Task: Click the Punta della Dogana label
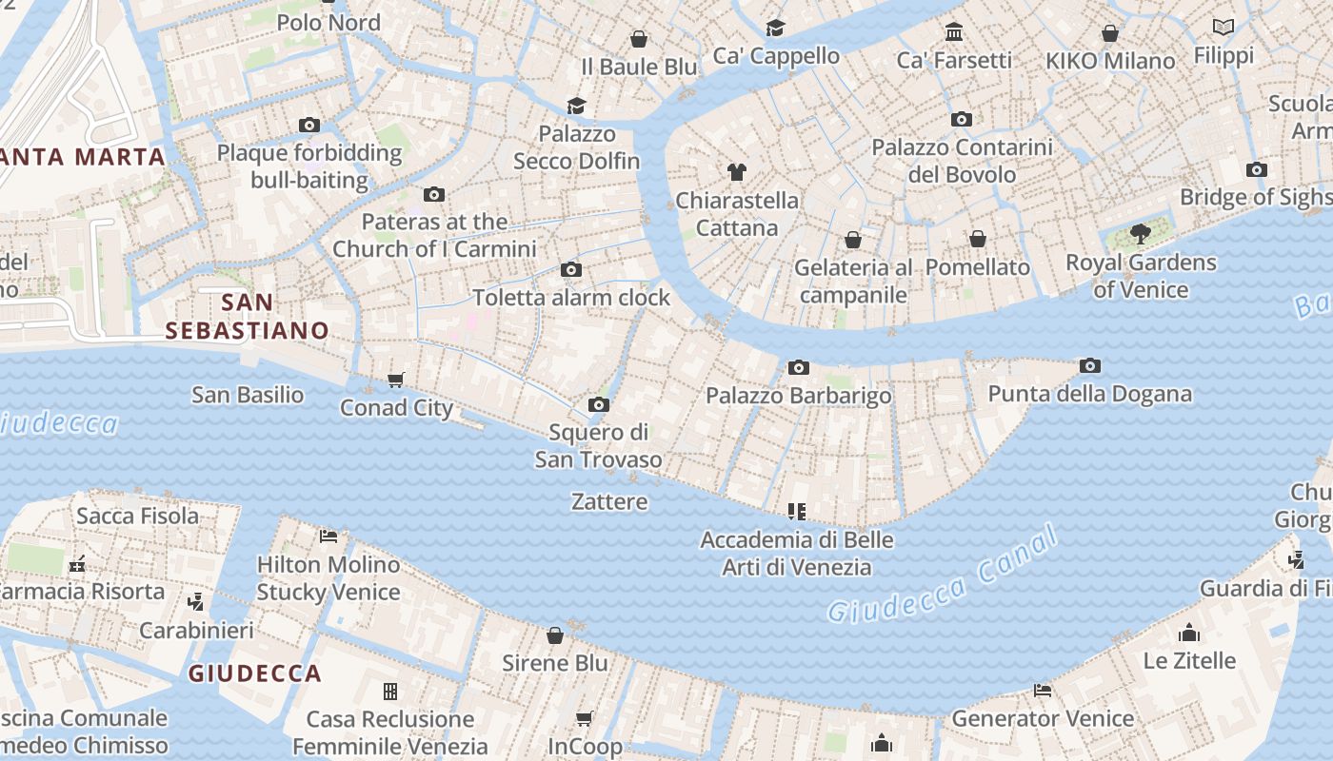(x=1089, y=394)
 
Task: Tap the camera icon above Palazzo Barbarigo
(x=798, y=368)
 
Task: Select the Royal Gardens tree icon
(x=1140, y=234)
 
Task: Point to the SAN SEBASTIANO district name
(x=247, y=317)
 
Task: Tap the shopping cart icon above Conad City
(x=396, y=380)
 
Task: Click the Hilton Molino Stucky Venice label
(x=328, y=578)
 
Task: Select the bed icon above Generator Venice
(x=1043, y=691)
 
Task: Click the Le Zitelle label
(x=1189, y=660)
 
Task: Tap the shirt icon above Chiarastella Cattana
(x=736, y=172)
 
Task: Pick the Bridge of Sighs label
(x=1255, y=197)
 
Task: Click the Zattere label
(x=609, y=501)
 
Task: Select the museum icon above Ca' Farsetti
(x=954, y=33)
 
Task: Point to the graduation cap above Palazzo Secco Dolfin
(x=576, y=106)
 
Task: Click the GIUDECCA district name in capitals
(x=254, y=673)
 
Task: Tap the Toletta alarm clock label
(x=571, y=297)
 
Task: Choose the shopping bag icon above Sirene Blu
(x=555, y=635)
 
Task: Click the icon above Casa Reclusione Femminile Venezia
(x=389, y=692)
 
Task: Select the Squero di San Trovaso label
(x=598, y=446)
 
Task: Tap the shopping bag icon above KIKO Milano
(x=1109, y=34)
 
